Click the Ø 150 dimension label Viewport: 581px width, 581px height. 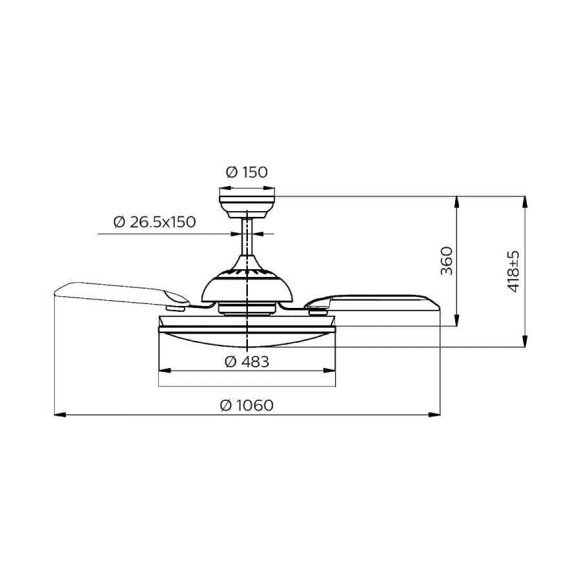(247, 172)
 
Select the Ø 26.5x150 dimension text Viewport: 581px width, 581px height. (154, 222)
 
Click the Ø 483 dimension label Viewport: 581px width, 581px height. (247, 362)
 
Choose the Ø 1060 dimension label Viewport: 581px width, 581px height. (247, 405)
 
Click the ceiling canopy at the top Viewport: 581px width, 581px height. (247, 203)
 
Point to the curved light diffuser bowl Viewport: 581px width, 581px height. (247, 340)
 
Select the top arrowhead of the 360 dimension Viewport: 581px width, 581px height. (457, 201)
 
